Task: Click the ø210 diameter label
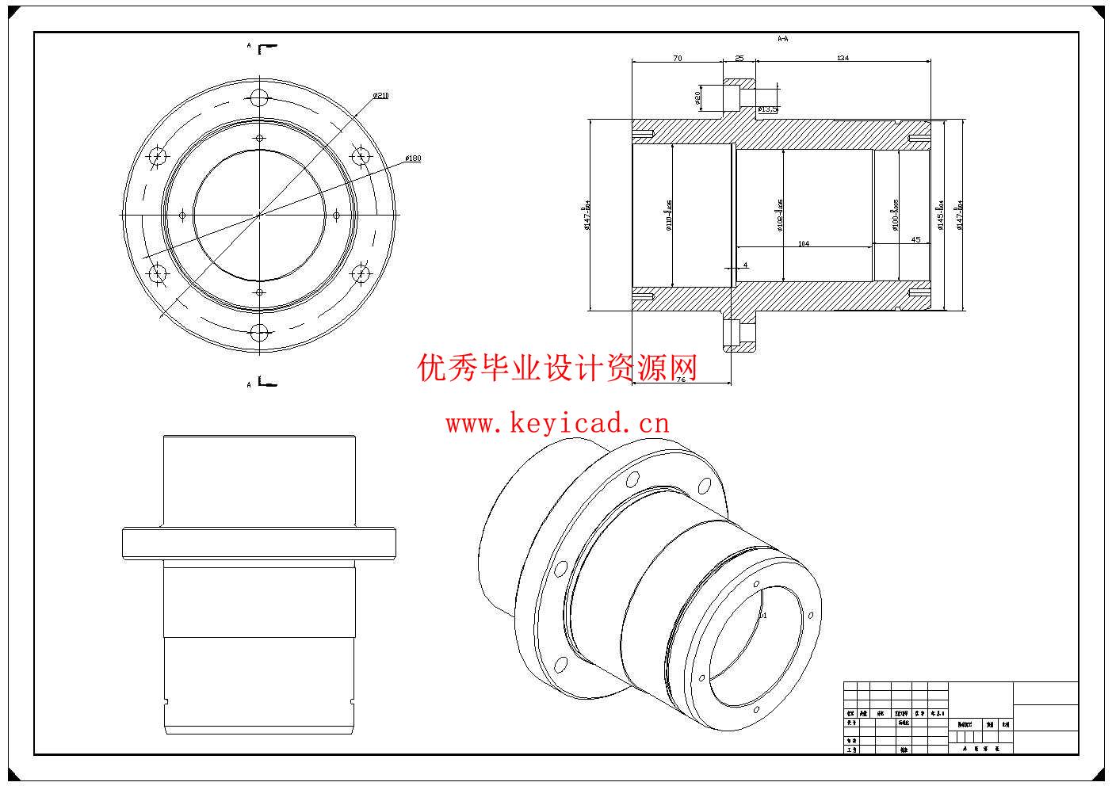tap(381, 95)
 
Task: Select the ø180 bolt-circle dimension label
tap(413, 158)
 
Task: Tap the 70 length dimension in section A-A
tap(677, 58)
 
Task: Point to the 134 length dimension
tap(843, 58)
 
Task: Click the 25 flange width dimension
tap(739, 58)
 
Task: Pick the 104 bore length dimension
tap(803, 243)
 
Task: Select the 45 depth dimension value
tap(915, 239)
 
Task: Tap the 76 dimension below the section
tap(681, 380)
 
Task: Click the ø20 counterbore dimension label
tap(697, 97)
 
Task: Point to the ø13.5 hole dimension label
tap(768, 109)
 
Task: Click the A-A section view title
tap(782, 38)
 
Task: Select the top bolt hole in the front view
tap(259, 97)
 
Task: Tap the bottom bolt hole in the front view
tap(259, 333)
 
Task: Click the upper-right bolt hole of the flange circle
tap(361, 156)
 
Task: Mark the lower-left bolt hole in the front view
tap(158, 274)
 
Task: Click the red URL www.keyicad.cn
tap(557, 423)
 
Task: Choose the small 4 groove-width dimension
tap(745, 265)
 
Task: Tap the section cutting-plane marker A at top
tap(249, 47)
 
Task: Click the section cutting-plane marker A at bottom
tap(249, 384)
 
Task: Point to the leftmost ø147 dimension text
tap(587, 215)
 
